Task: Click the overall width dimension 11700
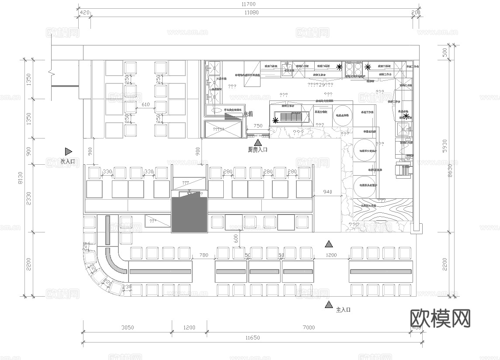point(249,4)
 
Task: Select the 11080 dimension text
point(251,13)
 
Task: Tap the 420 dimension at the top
point(85,13)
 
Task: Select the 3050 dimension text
point(127,327)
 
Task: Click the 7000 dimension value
point(308,327)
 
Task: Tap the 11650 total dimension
point(253,338)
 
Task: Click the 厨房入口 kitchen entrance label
point(257,149)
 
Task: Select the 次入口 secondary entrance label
point(68,161)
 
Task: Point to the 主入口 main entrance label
point(343,310)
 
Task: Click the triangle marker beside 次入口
point(68,152)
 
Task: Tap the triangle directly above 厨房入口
point(258,142)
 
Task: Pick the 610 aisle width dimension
point(146,105)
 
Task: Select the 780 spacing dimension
point(204,255)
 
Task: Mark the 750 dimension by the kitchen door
point(258,126)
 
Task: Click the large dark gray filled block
point(189,214)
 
